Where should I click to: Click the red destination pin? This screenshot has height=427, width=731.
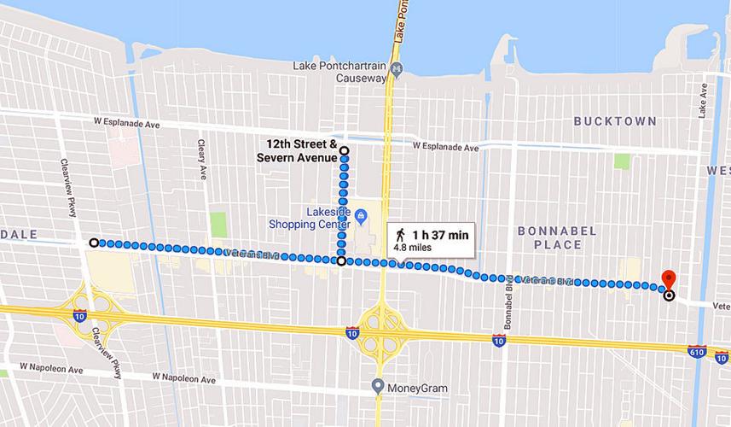pos(669,278)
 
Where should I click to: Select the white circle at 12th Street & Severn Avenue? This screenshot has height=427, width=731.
pos(345,151)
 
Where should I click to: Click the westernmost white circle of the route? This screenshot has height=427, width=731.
pos(94,243)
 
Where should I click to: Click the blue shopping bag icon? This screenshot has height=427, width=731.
pos(361,214)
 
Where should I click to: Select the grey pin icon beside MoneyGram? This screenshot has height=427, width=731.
pos(378,386)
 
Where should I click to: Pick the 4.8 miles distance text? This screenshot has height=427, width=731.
pos(413,248)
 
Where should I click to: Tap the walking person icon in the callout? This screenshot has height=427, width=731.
pos(399,235)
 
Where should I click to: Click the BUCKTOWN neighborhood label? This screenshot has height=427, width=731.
pos(614,122)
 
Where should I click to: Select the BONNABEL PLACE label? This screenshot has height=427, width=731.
pos(550,238)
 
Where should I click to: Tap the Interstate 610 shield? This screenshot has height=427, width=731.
pos(697,351)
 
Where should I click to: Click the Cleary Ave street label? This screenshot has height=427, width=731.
pos(203,159)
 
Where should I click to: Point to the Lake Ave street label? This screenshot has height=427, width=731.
pos(705,101)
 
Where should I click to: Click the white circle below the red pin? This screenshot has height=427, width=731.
pos(668,295)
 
